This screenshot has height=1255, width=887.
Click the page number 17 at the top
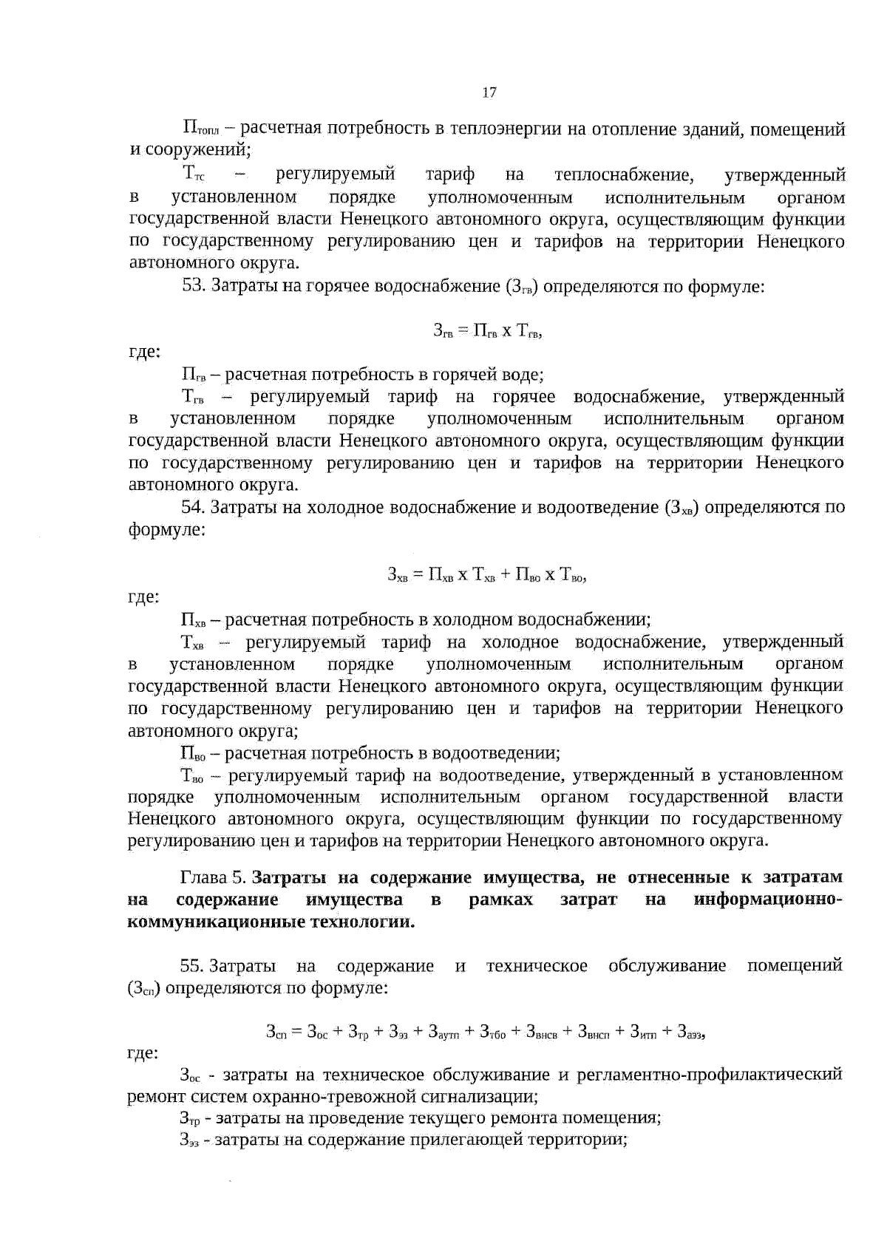(x=489, y=92)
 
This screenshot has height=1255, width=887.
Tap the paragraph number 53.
(x=193, y=286)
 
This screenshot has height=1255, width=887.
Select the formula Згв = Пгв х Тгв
(x=488, y=331)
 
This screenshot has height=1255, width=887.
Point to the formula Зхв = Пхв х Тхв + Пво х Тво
(x=487, y=574)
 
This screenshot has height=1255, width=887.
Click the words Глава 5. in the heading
(x=213, y=877)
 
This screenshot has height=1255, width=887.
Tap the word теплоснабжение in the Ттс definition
(x=623, y=175)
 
